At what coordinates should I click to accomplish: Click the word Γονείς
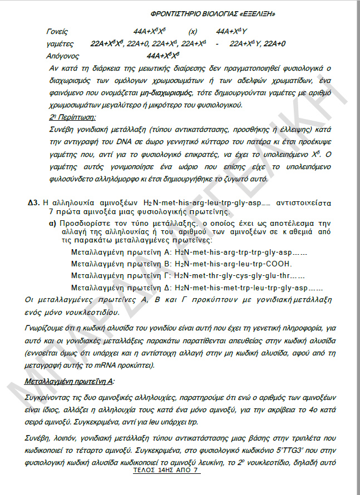coord(59,32)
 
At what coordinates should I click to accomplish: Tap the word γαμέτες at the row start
coord(61,43)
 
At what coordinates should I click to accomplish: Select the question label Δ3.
coord(33,201)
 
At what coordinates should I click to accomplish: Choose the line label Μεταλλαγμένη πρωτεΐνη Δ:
coord(122,288)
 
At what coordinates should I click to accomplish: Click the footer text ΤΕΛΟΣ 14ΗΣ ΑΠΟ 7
coord(165,470)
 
